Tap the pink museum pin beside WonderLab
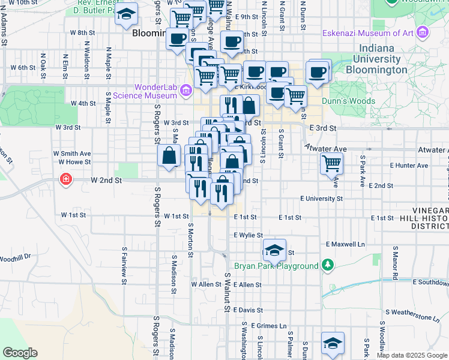click(x=185, y=91)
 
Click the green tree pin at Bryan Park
click(x=327, y=265)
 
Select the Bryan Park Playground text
click(x=276, y=266)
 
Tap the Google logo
click(x=20, y=353)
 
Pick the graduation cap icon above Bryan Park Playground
click(x=274, y=250)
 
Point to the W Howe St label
click(x=74, y=162)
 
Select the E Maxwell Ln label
click(x=345, y=244)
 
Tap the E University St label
click(x=322, y=198)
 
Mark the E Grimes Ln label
click(x=269, y=325)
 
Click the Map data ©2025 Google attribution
click(x=411, y=355)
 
